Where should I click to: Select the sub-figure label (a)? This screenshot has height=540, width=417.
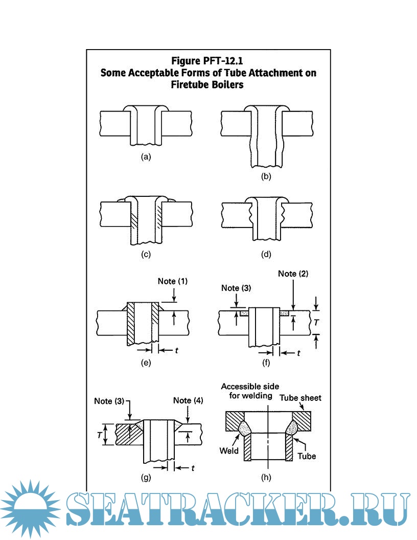click(x=146, y=157)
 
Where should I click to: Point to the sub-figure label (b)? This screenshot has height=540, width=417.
click(x=266, y=176)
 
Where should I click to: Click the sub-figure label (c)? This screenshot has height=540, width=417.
click(x=146, y=254)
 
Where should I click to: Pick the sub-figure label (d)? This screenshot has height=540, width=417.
click(x=266, y=254)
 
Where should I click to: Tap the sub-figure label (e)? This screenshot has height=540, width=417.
click(x=146, y=363)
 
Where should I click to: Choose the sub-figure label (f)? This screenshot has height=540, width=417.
click(x=266, y=363)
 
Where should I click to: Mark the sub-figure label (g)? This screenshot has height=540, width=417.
click(x=146, y=477)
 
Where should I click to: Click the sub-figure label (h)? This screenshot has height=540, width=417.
click(x=266, y=477)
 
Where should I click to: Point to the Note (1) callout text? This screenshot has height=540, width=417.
click(x=173, y=281)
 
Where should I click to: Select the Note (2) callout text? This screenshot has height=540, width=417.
click(x=293, y=274)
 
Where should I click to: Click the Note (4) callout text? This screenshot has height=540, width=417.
click(x=188, y=400)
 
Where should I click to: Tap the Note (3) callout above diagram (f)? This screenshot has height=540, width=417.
click(x=236, y=288)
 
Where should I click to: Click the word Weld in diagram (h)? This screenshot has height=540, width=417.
click(x=229, y=451)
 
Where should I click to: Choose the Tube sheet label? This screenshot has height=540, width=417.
click(x=300, y=398)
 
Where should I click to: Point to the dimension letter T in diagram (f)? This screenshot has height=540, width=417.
click(x=316, y=322)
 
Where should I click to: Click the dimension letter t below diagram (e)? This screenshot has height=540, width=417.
click(x=177, y=351)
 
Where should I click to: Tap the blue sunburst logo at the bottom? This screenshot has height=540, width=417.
click(x=30, y=509)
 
